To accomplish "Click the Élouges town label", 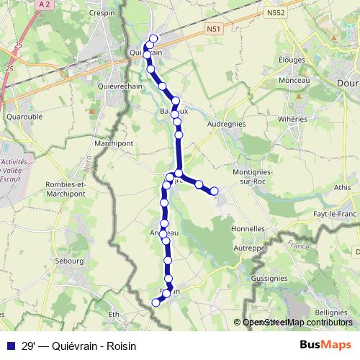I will (x=290, y=61).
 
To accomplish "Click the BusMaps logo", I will (x=327, y=344).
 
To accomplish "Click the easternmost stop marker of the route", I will (x=214, y=191).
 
